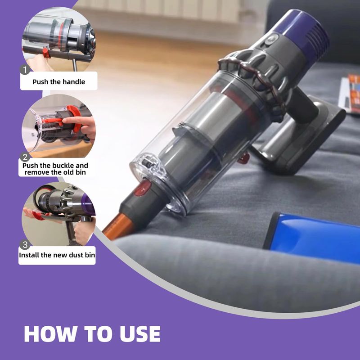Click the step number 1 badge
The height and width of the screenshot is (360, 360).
click(25, 70)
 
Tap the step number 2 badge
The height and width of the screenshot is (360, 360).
click(25, 157)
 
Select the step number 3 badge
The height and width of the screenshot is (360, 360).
click(25, 245)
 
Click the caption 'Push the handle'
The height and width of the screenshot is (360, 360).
click(59, 82)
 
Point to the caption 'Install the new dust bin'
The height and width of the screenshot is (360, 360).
click(57, 255)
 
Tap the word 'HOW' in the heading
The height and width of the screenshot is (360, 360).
click(50, 334)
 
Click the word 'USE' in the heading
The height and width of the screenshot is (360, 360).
click(140, 334)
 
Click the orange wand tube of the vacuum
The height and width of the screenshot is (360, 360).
click(118, 226)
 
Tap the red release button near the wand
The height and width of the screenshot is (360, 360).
click(143, 189)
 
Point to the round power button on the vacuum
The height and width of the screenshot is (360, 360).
click(272, 39)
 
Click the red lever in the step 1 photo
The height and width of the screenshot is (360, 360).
click(46, 53)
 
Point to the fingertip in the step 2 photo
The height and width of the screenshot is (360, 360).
click(65, 120)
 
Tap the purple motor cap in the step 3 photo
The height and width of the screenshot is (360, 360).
click(88, 205)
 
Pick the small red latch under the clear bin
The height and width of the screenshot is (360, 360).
click(244, 158)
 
